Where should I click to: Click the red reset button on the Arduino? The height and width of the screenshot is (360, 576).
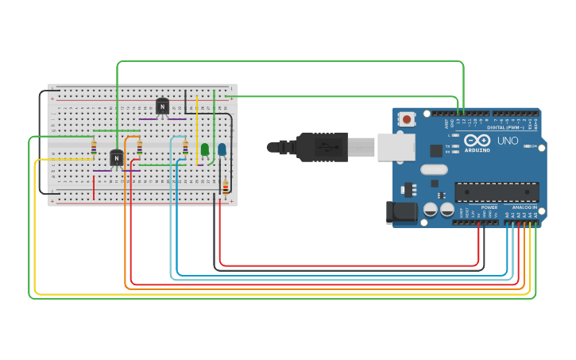click(x=407, y=119)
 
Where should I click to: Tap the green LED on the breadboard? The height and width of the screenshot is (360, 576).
click(x=205, y=149)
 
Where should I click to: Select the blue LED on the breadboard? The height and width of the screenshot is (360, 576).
click(x=222, y=149)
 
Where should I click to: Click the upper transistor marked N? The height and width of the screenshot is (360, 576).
click(x=162, y=106)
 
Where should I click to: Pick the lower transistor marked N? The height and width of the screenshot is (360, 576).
click(x=117, y=158)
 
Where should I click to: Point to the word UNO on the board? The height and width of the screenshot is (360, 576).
click(x=508, y=141)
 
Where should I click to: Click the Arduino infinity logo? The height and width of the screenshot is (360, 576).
click(x=477, y=141)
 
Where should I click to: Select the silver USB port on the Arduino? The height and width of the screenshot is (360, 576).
click(x=395, y=147)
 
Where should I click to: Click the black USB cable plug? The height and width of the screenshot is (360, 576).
click(x=322, y=147)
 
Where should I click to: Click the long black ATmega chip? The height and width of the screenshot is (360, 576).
click(x=497, y=192)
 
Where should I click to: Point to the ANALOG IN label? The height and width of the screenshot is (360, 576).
click(x=524, y=207)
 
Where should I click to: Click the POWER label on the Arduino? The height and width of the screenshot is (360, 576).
click(x=489, y=207)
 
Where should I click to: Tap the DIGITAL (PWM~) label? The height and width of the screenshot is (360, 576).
click(x=505, y=127)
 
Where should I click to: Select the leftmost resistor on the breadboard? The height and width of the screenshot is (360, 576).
click(x=94, y=147)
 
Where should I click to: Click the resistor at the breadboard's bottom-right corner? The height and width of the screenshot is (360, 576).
click(x=225, y=187)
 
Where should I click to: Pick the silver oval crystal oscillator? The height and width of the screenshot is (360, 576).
click(x=434, y=169)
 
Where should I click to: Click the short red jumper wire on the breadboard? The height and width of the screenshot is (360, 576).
click(x=94, y=188)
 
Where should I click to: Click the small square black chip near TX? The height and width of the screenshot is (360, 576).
click(x=436, y=150)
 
